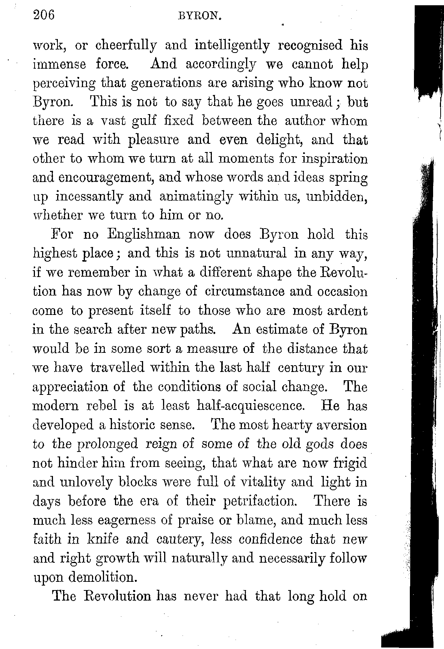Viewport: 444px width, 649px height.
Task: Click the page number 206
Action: tap(44, 15)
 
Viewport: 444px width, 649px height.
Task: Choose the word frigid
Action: tap(350, 463)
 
